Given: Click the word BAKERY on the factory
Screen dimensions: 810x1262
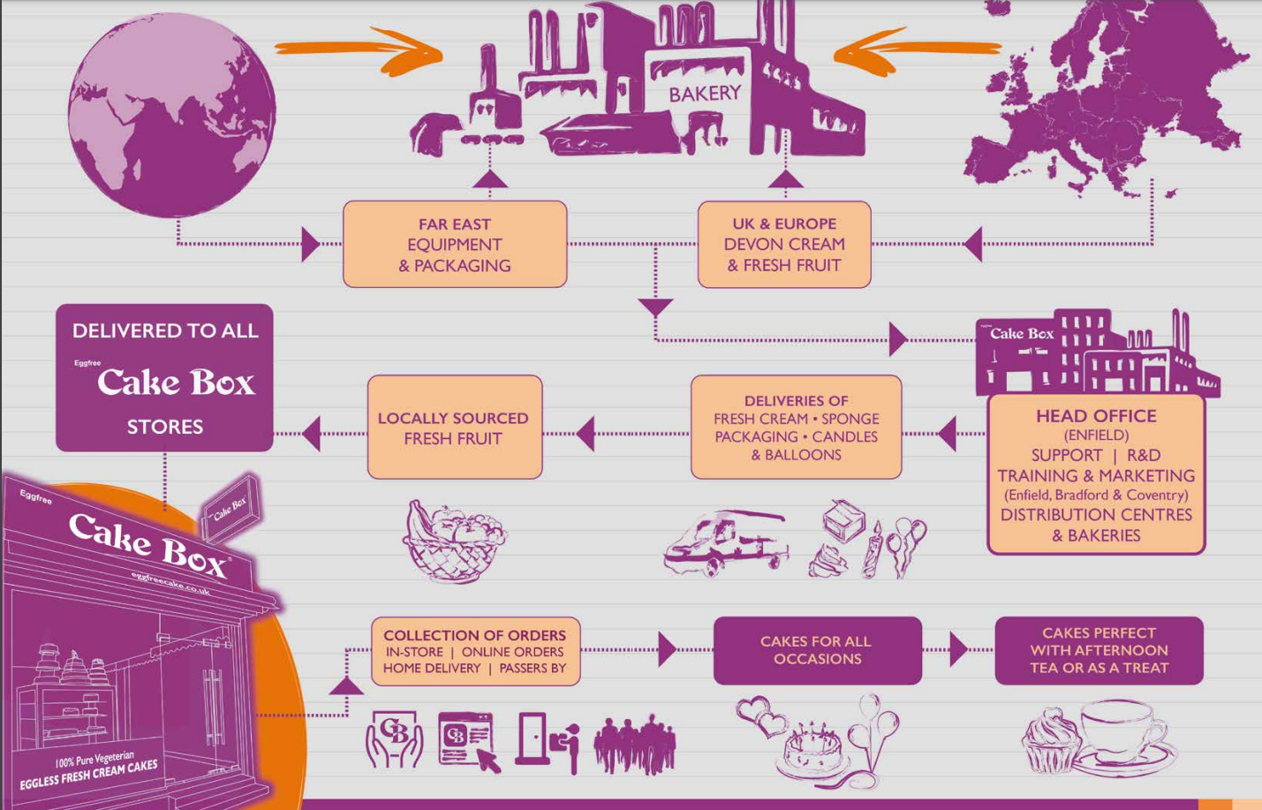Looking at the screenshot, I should coord(704,93).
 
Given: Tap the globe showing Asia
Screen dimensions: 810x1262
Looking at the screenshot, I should coord(171,115).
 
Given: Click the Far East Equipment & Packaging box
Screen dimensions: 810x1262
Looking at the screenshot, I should coord(455,245).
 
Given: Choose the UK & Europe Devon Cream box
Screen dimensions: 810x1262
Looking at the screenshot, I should coord(784,245).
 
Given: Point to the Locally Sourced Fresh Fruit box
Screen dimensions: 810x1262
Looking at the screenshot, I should coord(454,428).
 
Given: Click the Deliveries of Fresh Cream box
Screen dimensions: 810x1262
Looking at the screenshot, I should coord(796,428).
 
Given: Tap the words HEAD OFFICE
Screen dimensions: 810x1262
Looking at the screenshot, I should coord(1096,416).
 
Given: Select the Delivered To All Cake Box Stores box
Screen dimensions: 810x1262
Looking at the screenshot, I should coord(164,378).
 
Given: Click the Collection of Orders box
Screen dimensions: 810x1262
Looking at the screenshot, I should coord(475,651).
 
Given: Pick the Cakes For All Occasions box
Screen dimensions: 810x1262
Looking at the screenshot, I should coord(817,650).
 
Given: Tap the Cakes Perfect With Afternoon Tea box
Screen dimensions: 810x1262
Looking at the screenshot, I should coord(1099,650).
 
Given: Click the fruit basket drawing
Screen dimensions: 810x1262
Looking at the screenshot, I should coord(453,541).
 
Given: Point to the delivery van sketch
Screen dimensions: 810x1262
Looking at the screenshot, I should coord(724,542).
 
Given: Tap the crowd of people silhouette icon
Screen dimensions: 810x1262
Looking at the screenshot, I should coord(634,745).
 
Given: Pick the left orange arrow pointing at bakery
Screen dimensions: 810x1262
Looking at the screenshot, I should coord(362,49).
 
